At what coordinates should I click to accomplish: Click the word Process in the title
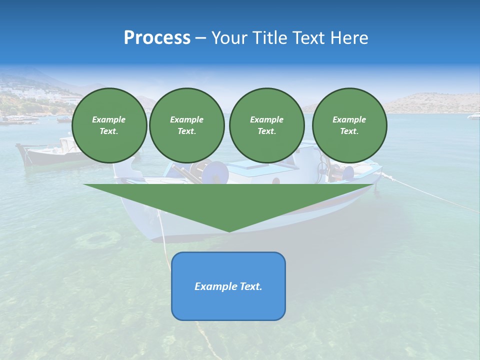tap(157, 38)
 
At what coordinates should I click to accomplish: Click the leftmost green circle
tap(109, 125)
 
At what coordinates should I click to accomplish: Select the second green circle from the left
tap(187, 125)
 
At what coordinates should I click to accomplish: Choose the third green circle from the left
tap(266, 125)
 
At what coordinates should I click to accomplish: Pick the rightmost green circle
tap(349, 125)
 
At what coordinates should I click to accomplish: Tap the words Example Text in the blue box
tap(228, 286)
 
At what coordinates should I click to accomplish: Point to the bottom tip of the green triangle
tap(229, 231)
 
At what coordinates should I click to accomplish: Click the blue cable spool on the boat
tap(218, 173)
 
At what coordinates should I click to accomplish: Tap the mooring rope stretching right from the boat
tap(430, 195)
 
